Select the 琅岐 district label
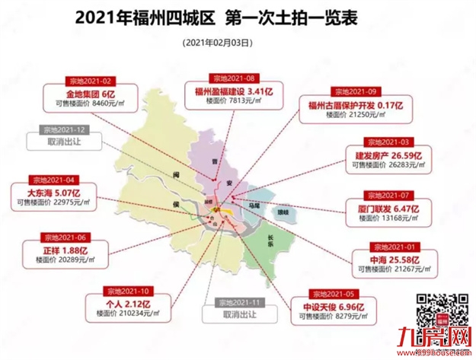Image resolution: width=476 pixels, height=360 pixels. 283,215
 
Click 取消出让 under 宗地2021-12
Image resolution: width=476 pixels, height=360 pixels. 63,143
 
